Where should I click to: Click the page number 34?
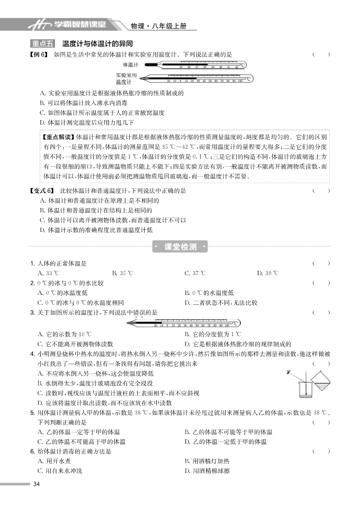click(x=36, y=484)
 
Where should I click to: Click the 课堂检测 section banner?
click(x=180, y=247)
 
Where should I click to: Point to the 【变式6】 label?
click(x=43, y=191)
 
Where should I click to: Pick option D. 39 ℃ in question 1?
click(x=267, y=273)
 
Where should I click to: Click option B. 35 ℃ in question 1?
click(x=123, y=273)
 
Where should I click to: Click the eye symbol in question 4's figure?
click(x=289, y=372)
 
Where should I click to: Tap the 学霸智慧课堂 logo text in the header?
click(x=79, y=24)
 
